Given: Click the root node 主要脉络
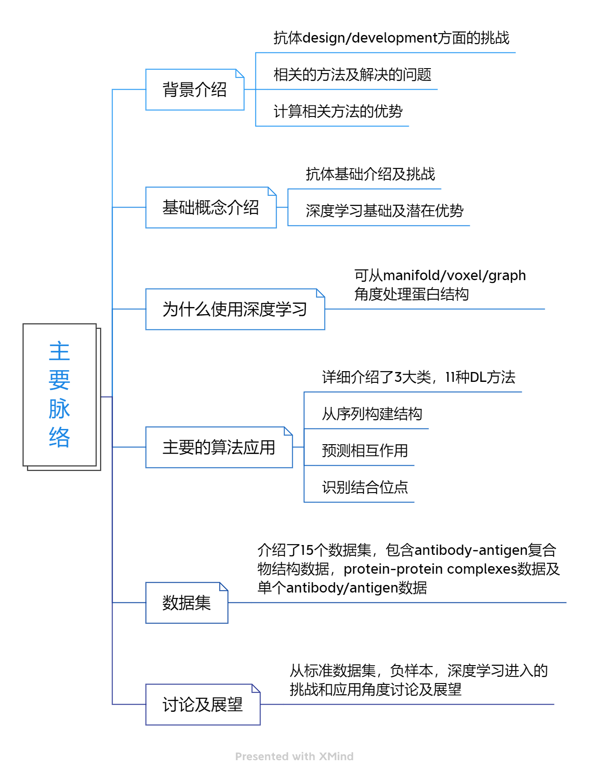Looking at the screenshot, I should [x=60, y=394].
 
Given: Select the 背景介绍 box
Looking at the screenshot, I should [x=195, y=90].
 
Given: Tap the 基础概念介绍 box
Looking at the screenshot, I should [x=211, y=208].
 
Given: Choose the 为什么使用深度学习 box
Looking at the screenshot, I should [x=235, y=309].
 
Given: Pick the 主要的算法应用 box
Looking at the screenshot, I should [x=219, y=447].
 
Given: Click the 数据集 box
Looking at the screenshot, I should [x=186, y=603].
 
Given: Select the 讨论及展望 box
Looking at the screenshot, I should [x=203, y=705].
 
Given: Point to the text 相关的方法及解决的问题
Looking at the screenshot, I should [x=352, y=74].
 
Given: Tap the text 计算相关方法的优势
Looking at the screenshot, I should [x=338, y=111].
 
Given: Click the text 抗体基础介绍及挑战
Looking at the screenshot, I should [x=370, y=174].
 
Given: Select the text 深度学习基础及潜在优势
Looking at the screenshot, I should [x=385, y=211].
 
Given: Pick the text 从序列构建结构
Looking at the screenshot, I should [x=372, y=414].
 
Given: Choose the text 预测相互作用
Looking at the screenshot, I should [x=365, y=450].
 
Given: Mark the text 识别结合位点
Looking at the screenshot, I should [x=365, y=487].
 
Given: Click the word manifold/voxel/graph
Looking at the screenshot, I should [x=455, y=275].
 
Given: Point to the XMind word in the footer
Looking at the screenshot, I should [x=336, y=757].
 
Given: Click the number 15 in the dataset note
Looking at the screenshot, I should [x=307, y=550].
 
